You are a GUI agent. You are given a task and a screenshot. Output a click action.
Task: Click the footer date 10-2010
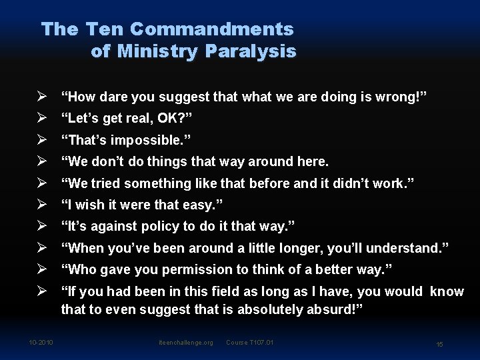coord(41,343)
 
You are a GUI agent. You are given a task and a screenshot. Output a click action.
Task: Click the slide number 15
coord(439,344)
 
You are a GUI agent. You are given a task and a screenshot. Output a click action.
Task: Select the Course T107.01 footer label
coord(250,343)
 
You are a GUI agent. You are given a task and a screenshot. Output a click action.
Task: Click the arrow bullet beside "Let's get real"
coord(41,119)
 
